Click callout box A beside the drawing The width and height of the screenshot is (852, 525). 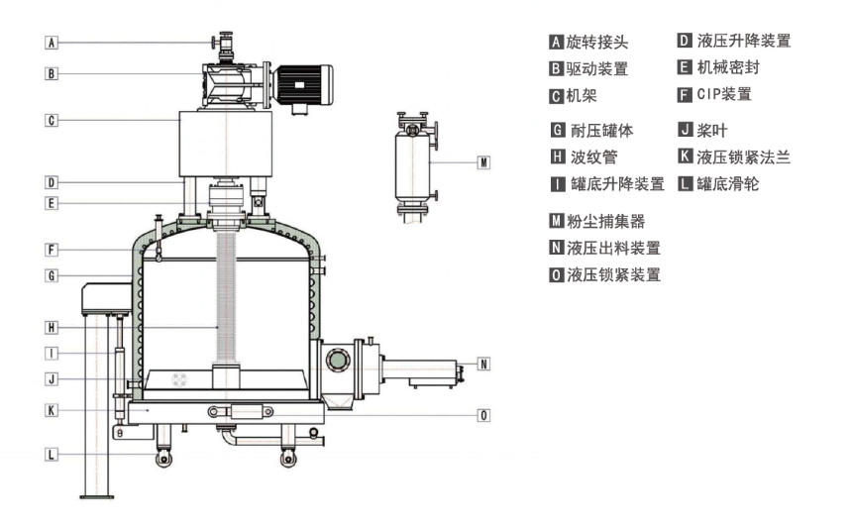tap(53, 43)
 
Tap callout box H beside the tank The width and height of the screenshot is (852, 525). tap(53, 326)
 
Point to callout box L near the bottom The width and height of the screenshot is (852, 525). tap(53, 454)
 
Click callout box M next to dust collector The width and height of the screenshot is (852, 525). tap(482, 161)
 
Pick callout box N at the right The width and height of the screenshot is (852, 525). tap(482, 364)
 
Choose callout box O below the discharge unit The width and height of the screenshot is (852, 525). tap(482, 415)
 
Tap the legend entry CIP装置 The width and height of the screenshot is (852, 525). tap(723, 95)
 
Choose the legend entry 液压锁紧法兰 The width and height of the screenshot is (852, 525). tap(742, 157)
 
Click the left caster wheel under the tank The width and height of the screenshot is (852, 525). tap(160, 458)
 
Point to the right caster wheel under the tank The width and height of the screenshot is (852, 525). tap(288, 458)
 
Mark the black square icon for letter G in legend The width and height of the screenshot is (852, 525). tap(557, 130)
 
